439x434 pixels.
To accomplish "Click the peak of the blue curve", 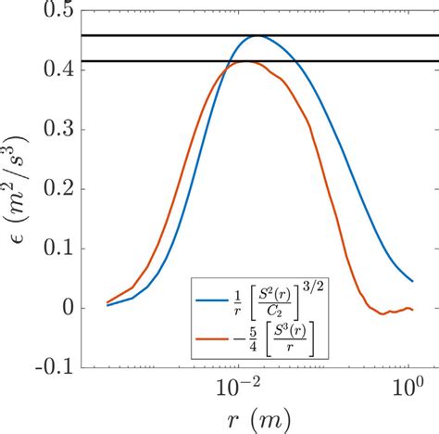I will pyautogui.click(x=257, y=36).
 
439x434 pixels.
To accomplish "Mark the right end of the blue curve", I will pyautogui.click(x=412, y=281).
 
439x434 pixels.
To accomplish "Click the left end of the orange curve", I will pyautogui.click(x=107, y=302).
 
